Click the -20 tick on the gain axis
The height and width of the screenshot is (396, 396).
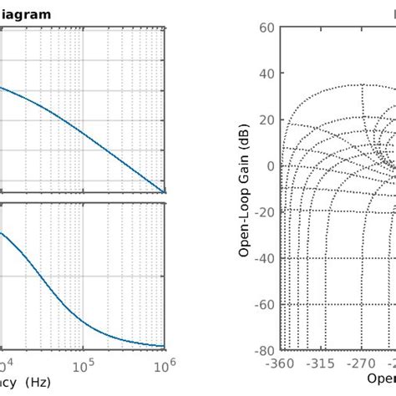coord(265,211)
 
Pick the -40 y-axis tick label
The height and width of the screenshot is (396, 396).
coord(265,257)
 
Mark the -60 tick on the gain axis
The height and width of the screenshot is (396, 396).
coord(265,304)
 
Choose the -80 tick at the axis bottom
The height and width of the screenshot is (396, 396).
coord(265,350)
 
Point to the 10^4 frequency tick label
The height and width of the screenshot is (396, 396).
coord(5,365)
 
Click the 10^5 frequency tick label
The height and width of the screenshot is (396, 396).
coord(83,365)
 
